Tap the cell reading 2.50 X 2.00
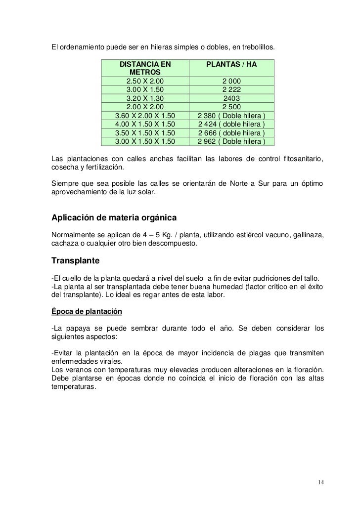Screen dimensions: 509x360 [x=145, y=82]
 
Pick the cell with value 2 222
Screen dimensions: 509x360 [x=231, y=90]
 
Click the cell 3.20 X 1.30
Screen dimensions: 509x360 [x=145, y=98]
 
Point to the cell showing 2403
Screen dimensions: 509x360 [x=231, y=98]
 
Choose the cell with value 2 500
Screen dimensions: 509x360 [x=231, y=107]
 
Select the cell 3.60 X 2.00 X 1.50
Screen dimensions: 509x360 [x=145, y=116]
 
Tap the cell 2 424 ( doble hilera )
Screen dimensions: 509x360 [x=231, y=124]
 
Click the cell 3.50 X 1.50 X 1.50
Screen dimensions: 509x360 [x=145, y=133]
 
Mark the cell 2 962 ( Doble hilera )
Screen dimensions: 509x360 [x=231, y=141]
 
